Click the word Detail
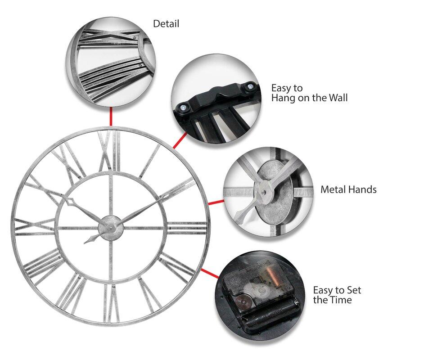click(166, 24)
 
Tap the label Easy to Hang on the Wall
click(309, 93)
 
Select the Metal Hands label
click(348, 190)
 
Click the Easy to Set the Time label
click(337, 295)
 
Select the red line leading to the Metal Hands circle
click(216, 202)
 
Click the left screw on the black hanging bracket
click(184, 108)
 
